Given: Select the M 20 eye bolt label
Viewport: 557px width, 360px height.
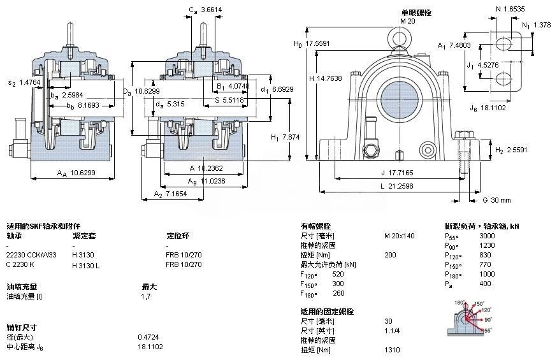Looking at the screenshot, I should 407,21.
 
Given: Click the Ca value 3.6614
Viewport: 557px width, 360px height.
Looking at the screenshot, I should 212,10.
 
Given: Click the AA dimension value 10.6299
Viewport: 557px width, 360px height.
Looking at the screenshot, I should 83,172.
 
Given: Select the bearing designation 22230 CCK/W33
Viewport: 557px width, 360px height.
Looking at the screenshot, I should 31,255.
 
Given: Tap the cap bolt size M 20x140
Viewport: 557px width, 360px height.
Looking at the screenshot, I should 399,236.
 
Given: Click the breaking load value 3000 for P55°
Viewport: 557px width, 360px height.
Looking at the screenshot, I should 487,236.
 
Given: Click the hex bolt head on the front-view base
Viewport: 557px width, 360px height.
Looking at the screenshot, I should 370,151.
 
